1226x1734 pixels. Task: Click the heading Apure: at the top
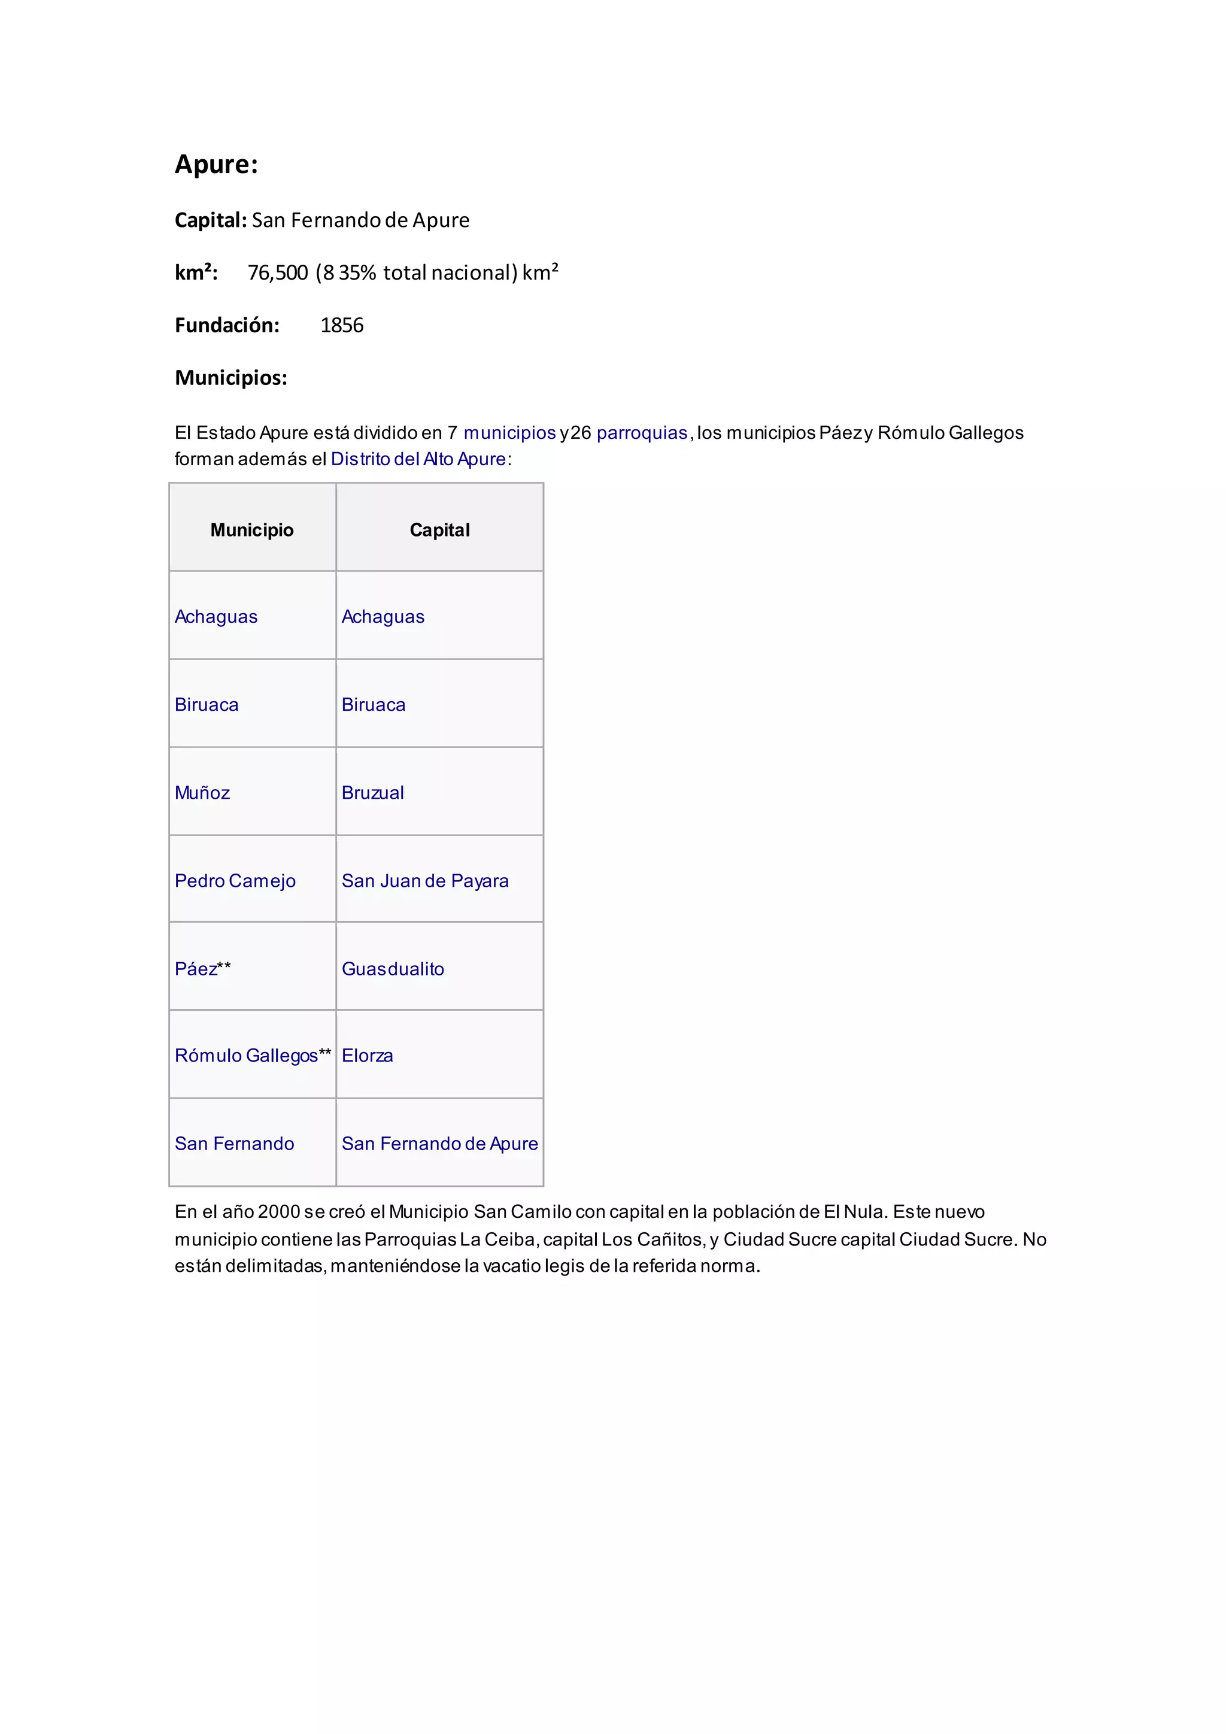pos(216,165)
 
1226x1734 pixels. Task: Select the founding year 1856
pos(341,326)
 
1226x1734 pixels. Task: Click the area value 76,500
pos(278,272)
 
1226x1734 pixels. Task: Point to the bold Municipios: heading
pos(231,378)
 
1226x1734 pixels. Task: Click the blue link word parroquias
pos(642,433)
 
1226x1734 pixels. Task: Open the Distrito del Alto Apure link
pos(418,459)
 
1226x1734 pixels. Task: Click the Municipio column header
pos(252,530)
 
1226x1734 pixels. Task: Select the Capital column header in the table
pos(439,530)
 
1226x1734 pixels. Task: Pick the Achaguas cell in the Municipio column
pos(216,617)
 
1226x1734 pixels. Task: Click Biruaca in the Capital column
pos(374,705)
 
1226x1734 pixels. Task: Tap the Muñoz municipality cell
pos(202,793)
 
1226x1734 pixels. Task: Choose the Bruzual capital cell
pos(373,793)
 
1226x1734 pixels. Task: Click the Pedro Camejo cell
pos(235,881)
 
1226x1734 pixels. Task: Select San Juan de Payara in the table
pos(425,881)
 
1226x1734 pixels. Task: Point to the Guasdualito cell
pos(393,969)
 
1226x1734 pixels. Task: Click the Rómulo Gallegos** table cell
pos(253,1056)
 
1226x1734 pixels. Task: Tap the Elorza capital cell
pos(367,1056)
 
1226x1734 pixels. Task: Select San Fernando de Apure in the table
pos(439,1144)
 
